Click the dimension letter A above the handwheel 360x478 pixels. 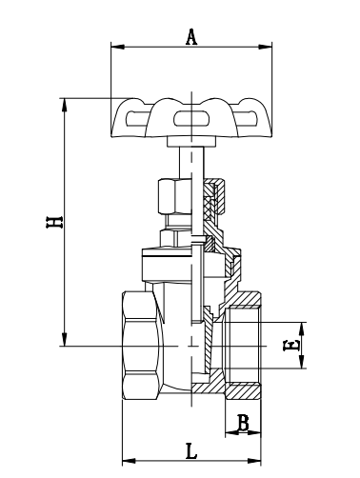[191, 37]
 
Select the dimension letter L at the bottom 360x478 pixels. [191, 451]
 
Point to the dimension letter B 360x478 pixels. [243, 423]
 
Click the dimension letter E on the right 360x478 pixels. [291, 346]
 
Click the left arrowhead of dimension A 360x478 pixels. [117, 47]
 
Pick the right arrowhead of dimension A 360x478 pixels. [266, 47]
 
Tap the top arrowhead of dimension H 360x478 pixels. [65, 105]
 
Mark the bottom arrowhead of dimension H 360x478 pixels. [65, 339]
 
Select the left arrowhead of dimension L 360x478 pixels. [129, 461]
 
